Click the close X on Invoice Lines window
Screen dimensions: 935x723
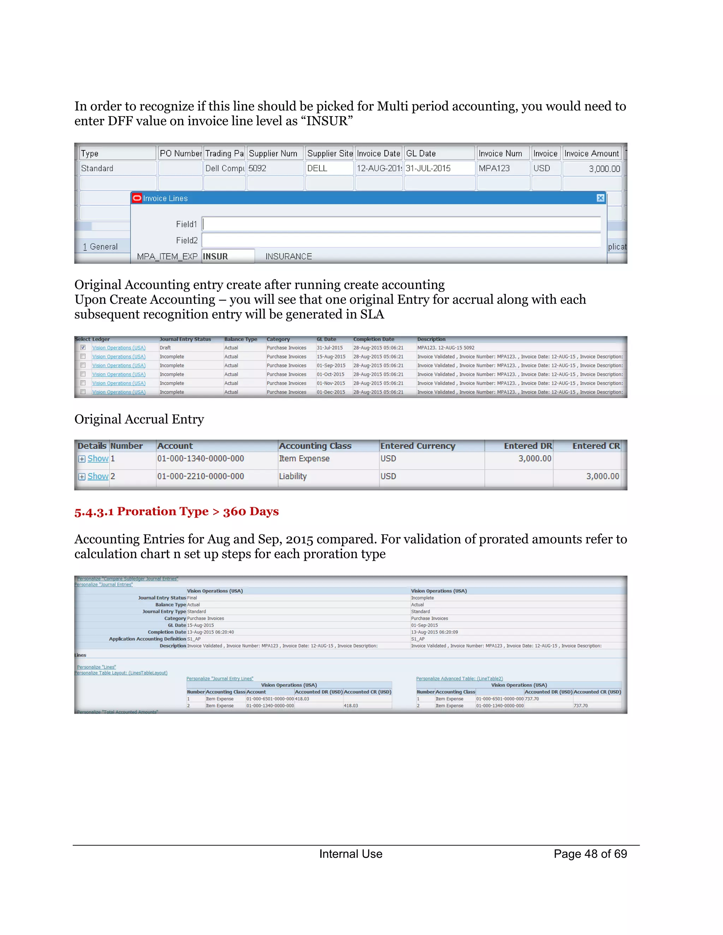(x=600, y=198)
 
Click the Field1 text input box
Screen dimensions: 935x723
(x=401, y=224)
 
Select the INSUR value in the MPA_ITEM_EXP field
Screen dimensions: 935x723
(x=227, y=257)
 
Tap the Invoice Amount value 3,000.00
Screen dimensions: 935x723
(x=604, y=169)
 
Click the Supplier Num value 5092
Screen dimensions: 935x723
(x=257, y=168)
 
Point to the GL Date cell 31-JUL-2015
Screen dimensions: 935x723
(x=428, y=168)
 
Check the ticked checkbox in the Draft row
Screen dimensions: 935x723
(x=83, y=348)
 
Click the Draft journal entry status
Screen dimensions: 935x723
(x=165, y=348)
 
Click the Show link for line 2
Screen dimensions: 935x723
(x=98, y=476)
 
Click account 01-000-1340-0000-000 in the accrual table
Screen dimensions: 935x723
(x=201, y=459)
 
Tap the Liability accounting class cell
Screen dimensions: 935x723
(x=293, y=476)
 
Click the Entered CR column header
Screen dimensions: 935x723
(x=596, y=446)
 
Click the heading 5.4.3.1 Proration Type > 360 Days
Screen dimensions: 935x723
(x=177, y=511)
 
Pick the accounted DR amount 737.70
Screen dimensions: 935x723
(x=532, y=699)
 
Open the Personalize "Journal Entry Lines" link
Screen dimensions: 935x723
(x=220, y=678)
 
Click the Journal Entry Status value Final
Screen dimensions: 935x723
(x=192, y=598)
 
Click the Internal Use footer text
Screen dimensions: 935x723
(x=350, y=854)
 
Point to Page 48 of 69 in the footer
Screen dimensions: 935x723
(x=590, y=854)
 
